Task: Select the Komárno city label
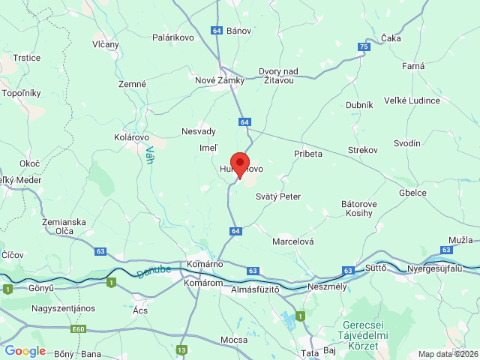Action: [206, 264]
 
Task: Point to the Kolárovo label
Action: [132, 138]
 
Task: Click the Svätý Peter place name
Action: [277, 196]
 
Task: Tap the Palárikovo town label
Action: [173, 37]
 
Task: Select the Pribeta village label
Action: [307, 154]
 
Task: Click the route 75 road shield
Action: [364, 47]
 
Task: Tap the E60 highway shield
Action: [79, 329]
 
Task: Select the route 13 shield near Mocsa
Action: [182, 349]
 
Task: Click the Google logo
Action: [25, 351]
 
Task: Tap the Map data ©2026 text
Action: [447, 355]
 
